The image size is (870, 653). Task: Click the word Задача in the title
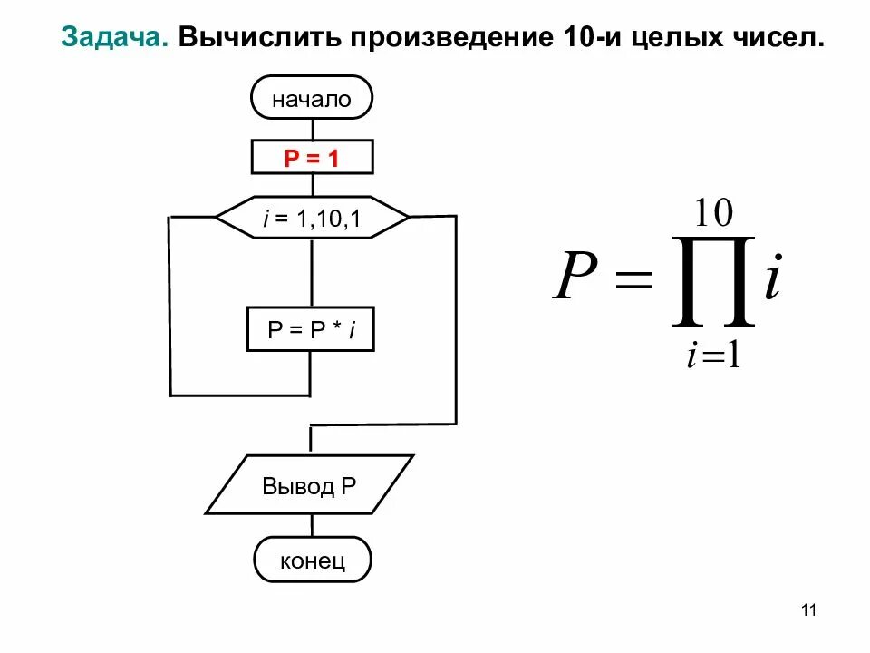(112, 37)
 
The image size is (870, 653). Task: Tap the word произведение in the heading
(441, 37)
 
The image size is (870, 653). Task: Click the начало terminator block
(312, 99)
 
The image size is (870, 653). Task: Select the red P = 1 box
(312, 159)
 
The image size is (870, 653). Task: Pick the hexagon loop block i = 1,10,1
(312, 218)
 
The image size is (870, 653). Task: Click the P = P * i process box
(311, 329)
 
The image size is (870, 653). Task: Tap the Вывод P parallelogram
(310, 485)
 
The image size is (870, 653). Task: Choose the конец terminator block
(313, 560)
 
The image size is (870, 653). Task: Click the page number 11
(809, 610)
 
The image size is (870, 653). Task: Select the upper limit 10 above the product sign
(713, 214)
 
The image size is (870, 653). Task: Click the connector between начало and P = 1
(312, 130)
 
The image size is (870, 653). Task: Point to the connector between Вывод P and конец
(313, 525)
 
